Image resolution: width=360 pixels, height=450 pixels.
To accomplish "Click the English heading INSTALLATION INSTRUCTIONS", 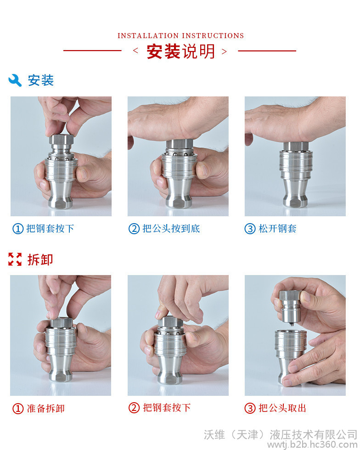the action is pyautogui.click(x=180, y=36).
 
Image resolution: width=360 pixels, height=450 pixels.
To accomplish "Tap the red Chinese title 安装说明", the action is pyautogui.click(x=180, y=51).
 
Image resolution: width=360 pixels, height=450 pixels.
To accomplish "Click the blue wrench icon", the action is pyautogui.click(x=15, y=80).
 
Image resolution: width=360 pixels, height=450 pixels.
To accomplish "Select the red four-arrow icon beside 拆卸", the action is pyautogui.click(x=15, y=259).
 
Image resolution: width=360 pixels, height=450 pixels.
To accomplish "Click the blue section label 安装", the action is pyautogui.click(x=40, y=80).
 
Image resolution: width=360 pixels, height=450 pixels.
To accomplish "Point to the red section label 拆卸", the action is pyautogui.click(x=40, y=259).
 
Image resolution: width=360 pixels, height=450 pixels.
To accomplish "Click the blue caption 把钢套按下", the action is pyautogui.click(x=50, y=229).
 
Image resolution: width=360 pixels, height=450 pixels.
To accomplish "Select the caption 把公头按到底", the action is pyautogui.click(x=171, y=229).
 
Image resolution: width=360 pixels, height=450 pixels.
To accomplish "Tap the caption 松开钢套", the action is pyautogui.click(x=277, y=229).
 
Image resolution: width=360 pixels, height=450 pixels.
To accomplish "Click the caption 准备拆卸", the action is pyautogui.click(x=45, y=408).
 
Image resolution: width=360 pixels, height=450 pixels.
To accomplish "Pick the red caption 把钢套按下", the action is pyautogui.click(x=167, y=408).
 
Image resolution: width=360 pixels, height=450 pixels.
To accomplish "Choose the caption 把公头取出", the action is pyautogui.click(x=282, y=408).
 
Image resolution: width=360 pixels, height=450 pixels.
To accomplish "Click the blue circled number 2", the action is pyautogui.click(x=134, y=229).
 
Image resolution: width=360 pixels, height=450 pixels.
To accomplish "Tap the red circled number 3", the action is pyautogui.click(x=250, y=408).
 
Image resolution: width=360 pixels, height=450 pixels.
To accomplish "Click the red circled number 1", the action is pyautogui.click(x=18, y=408).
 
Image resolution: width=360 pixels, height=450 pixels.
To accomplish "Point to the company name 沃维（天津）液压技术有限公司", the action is pyautogui.click(x=281, y=434).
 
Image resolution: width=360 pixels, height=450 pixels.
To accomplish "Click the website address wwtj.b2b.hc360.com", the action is pyautogui.click(x=312, y=445).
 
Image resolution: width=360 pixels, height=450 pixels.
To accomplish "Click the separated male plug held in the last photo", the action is pyautogui.click(x=290, y=308).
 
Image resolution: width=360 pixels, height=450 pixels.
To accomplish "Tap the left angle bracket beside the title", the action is pyautogui.click(x=135, y=51).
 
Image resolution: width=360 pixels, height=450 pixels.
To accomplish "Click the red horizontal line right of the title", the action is pyautogui.click(x=267, y=51).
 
